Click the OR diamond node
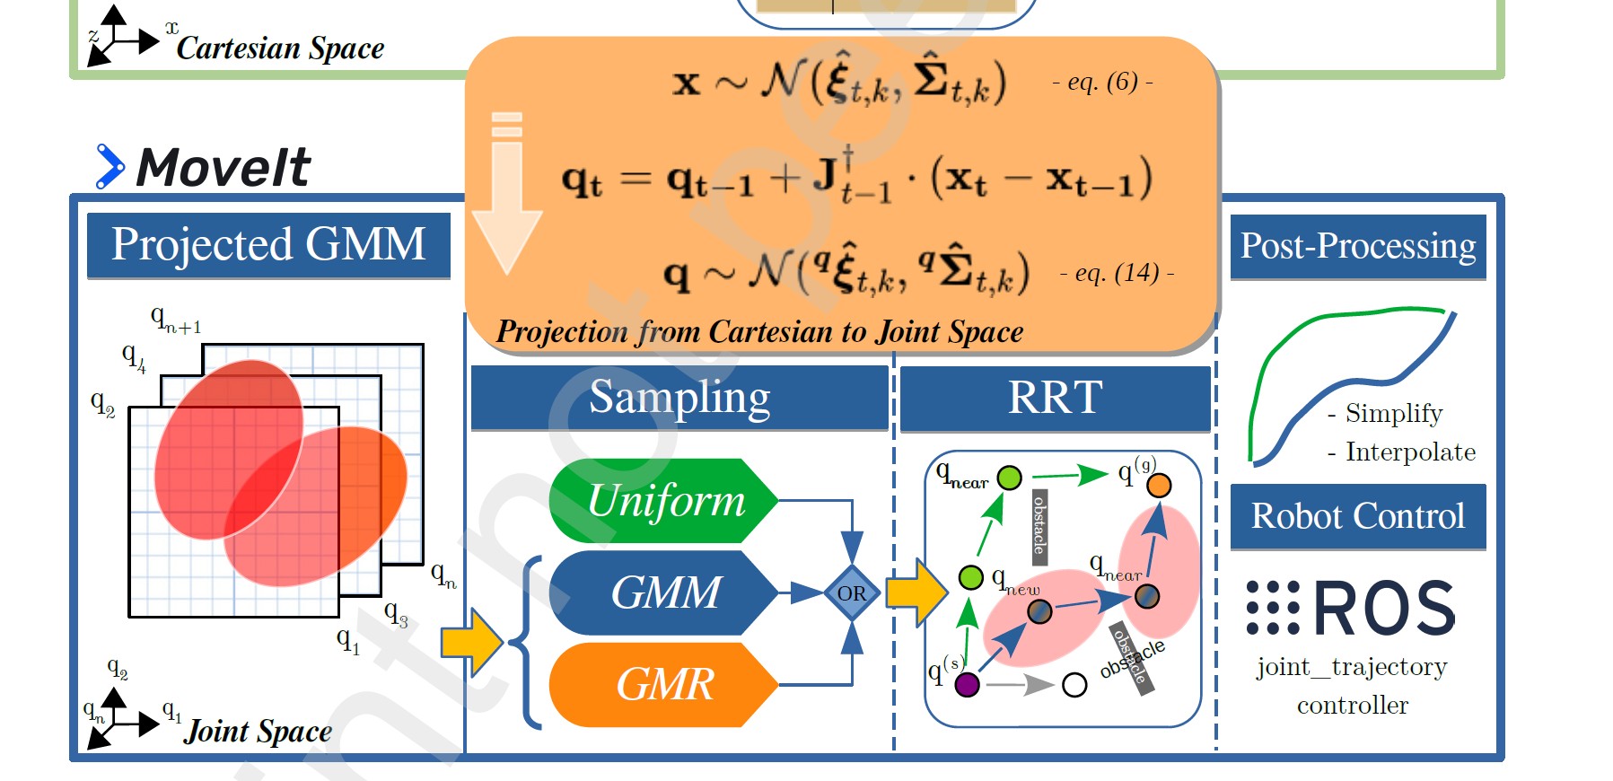[851, 593]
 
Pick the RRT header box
[1055, 397]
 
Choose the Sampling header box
[679, 397]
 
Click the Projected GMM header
[268, 244]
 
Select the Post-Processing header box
[1357, 246]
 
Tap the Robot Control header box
[1357, 516]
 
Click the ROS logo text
[1384, 609]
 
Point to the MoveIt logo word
[223, 167]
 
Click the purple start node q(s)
[967, 685]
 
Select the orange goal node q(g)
[1159, 486]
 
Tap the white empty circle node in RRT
[1074, 685]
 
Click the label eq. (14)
[1117, 273]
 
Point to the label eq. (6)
[1102, 83]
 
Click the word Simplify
[1393, 413]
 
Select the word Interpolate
[1410, 452]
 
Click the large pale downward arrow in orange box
[507, 197]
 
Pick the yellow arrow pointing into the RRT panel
[916, 592]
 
